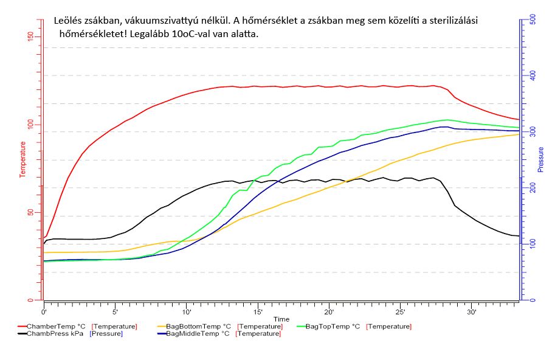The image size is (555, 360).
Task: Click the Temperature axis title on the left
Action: [x=23, y=159]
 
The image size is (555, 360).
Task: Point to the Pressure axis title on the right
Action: [x=540, y=159]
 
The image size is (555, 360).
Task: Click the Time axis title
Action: [x=281, y=319]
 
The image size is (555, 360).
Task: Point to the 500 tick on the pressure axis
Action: [x=533, y=19]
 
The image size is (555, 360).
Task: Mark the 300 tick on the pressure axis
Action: [x=533, y=132]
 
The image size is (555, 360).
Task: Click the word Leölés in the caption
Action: [x=68, y=20]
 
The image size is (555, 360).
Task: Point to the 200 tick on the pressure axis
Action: [x=533, y=189]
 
